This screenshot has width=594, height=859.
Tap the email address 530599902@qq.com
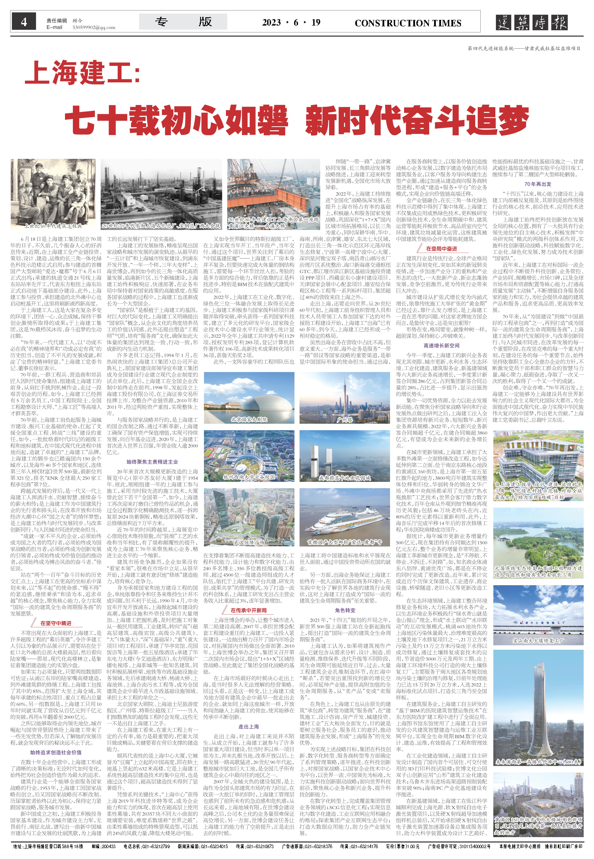[94, 28]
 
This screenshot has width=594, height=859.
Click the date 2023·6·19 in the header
[291, 23]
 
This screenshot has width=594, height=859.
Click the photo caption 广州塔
[344, 420]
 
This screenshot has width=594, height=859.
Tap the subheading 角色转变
[345, 610]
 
